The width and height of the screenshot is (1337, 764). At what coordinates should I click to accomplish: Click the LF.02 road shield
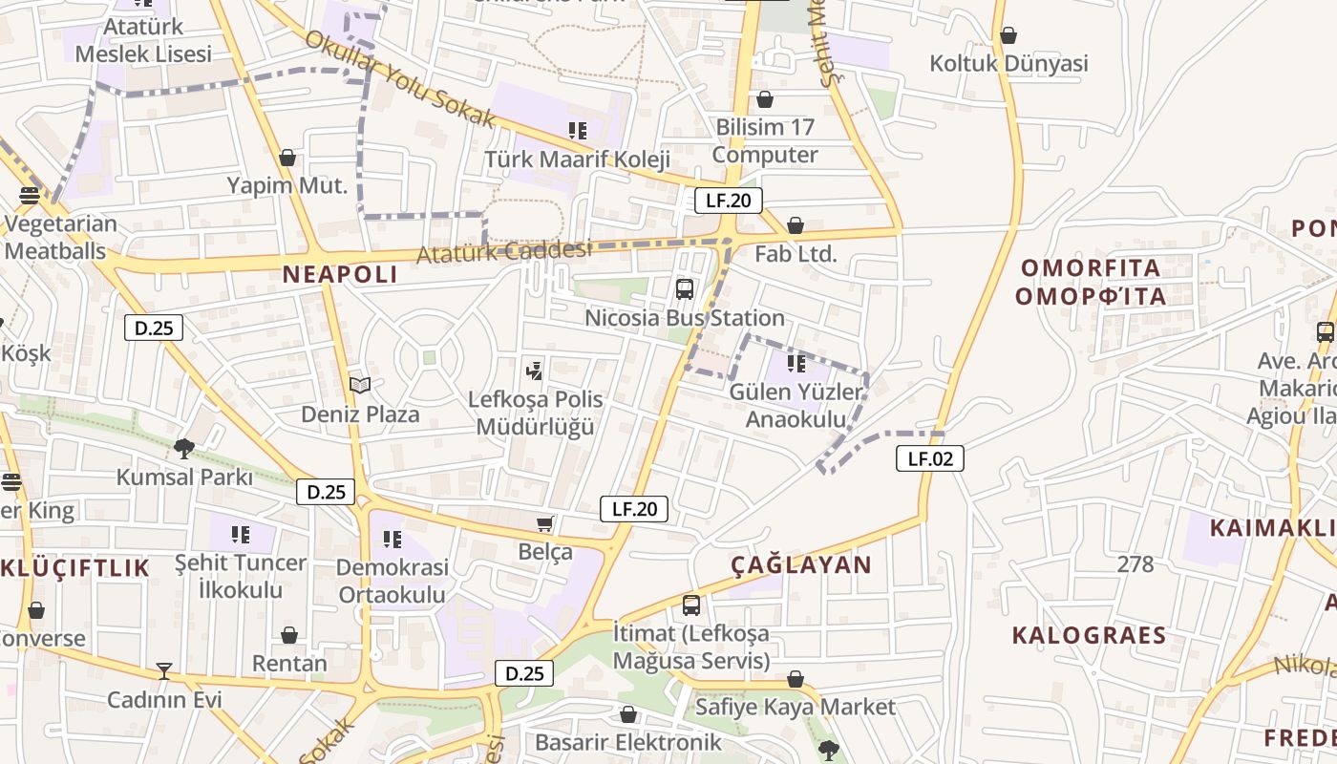930,458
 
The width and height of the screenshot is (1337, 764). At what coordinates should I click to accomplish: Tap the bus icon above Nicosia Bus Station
685,289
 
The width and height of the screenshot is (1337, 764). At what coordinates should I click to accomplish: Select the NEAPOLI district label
340,275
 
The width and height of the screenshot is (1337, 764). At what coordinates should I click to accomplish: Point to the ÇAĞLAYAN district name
802,564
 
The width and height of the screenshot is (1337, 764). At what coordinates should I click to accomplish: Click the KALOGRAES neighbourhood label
1089,635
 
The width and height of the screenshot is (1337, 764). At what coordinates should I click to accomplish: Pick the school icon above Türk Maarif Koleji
577,130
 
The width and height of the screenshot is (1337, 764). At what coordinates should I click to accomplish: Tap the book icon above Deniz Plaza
360,386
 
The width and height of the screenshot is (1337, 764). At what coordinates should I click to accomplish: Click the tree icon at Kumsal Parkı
184,448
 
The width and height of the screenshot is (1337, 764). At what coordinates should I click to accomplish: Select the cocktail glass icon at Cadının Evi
164,671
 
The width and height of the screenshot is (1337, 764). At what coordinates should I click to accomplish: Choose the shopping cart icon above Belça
544,523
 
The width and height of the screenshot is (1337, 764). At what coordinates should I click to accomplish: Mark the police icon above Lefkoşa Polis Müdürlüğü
535,370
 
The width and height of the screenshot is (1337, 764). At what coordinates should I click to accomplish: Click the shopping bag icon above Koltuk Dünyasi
1008,36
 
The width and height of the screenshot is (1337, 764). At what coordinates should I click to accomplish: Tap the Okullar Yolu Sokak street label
400,80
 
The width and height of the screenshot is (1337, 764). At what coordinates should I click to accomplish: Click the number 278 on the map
1135,563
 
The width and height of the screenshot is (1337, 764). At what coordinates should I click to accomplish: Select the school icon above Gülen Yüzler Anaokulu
796,363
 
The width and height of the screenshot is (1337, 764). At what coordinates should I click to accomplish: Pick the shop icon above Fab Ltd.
795,226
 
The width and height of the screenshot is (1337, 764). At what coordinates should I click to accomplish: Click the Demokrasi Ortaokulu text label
392,581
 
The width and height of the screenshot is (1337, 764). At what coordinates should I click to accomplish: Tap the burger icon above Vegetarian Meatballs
30,196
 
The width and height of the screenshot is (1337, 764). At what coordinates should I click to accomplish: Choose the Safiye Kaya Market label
796,707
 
